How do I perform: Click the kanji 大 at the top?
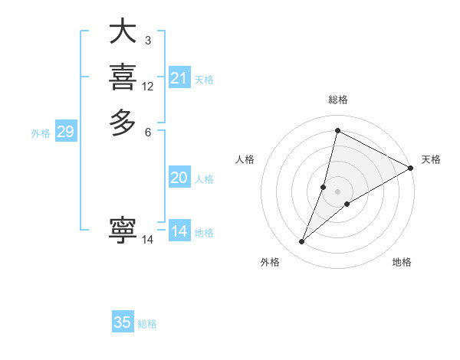pyautogui.click(x=123, y=33)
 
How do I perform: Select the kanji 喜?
pyautogui.click(x=123, y=77)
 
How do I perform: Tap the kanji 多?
pyautogui.click(x=123, y=123)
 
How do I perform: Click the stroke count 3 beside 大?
pyautogui.click(x=147, y=40)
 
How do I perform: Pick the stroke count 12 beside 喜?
pyautogui.click(x=147, y=87)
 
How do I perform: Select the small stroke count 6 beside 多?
pyautogui.click(x=147, y=132)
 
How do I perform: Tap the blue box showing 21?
pyautogui.click(x=179, y=78)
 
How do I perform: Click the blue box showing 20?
pyautogui.click(x=179, y=178)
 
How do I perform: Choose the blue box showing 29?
pyautogui.click(x=65, y=132)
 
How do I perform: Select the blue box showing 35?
pyautogui.click(x=123, y=322)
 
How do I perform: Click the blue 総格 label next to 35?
pyautogui.click(x=147, y=324)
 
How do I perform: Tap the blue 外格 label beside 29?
pyautogui.click(x=41, y=133)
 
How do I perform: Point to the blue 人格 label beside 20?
pyautogui.click(x=204, y=179)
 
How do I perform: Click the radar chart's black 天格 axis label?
pyautogui.click(x=431, y=159)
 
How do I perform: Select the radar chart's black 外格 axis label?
pyautogui.click(x=270, y=262)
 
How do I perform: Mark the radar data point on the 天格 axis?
pyautogui.click(x=411, y=169)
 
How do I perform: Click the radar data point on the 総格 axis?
pyautogui.click(x=337, y=131)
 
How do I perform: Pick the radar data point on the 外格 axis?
pyautogui.click(x=302, y=242)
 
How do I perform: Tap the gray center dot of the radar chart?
pyautogui.click(x=337, y=191)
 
